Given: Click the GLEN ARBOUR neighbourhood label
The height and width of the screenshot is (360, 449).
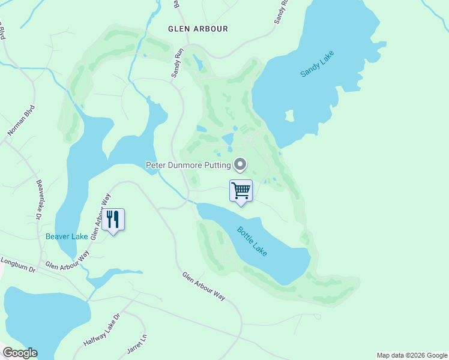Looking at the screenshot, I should point(197,29).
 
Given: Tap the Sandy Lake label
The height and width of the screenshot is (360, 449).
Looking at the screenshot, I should point(316,64).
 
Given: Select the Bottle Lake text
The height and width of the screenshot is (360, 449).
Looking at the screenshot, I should point(252,241).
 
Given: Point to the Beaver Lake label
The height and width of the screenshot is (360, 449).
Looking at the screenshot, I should point(67,236).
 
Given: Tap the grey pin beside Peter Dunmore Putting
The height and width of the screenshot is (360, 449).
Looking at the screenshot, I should point(240,164).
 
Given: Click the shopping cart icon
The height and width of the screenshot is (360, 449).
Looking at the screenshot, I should point(241,191).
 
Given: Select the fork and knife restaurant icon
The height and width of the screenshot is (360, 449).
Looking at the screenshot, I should point(113,220).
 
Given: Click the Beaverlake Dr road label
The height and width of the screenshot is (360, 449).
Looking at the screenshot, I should point(40,199).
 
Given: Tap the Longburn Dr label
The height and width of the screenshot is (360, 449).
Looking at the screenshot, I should point(19,263).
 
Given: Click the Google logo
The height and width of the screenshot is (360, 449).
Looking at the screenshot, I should point(20,353).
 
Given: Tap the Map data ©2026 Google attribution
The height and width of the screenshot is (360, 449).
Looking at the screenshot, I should point(412,355).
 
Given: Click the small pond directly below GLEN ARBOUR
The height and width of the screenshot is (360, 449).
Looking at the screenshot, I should point(199,62).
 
